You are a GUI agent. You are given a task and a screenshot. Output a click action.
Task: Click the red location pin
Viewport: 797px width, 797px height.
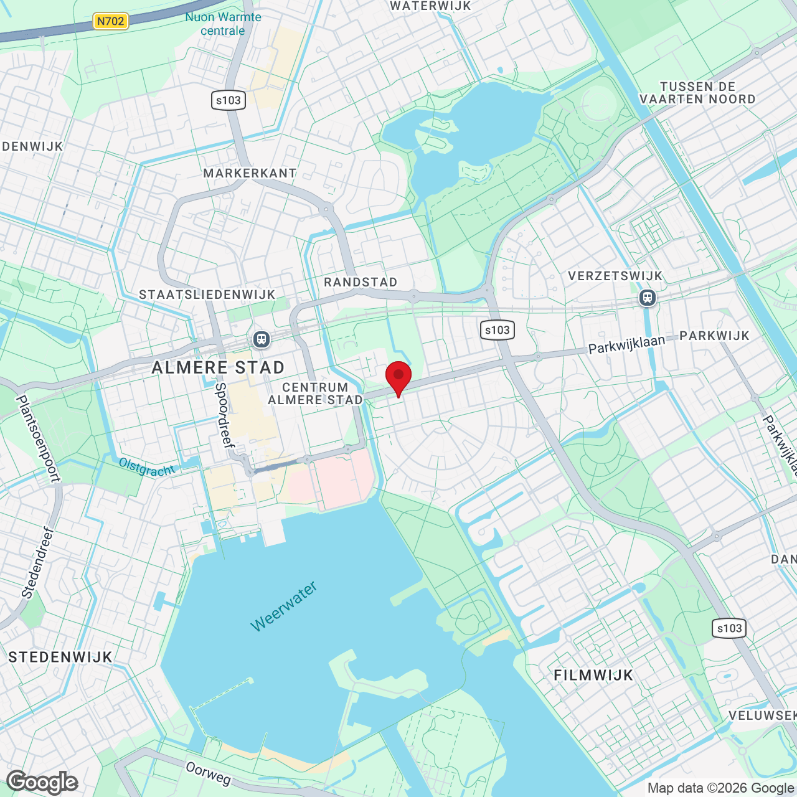[x=398, y=376]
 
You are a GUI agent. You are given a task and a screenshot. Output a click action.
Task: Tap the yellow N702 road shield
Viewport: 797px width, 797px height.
[x=110, y=21]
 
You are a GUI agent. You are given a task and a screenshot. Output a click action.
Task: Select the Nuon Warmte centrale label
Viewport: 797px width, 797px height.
[x=223, y=24]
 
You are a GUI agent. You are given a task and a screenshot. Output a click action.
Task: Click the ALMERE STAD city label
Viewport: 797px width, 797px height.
[x=218, y=367]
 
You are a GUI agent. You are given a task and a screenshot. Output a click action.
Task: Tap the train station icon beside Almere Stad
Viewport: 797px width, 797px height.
[x=261, y=339]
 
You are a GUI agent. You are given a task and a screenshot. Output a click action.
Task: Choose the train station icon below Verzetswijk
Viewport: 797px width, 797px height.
[x=648, y=298]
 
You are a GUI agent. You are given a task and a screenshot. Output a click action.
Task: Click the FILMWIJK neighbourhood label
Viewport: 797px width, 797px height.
[x=593, y=675]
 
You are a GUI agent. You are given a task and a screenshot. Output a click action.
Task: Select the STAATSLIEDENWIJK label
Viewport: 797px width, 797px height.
[x=207, y=295]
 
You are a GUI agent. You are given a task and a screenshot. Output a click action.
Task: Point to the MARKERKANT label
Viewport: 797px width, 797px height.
[x=250, y=173]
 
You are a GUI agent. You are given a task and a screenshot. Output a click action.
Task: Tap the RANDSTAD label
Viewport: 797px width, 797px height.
[x=361, y=282]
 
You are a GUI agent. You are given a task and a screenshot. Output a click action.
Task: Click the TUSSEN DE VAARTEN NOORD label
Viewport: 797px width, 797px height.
[x=697, y=93]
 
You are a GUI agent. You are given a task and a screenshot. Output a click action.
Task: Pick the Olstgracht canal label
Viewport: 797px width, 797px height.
[x=147, y=467]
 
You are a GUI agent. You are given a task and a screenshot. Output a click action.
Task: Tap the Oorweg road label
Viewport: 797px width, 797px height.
[x=208, y=773]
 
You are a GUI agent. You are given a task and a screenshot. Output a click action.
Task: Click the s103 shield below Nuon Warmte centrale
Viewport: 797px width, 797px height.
[x=229, y=100]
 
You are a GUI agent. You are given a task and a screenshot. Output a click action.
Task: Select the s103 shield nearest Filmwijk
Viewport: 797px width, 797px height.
[x=729, y=628]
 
